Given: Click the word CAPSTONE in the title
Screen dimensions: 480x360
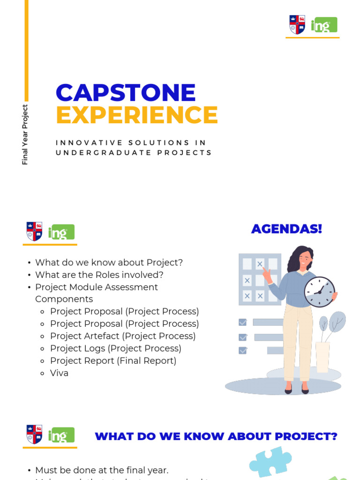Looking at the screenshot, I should pos(126,93).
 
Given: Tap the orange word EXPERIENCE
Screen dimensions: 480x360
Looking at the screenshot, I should pos(137,115).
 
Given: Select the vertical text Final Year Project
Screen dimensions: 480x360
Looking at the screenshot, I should pos(25,135).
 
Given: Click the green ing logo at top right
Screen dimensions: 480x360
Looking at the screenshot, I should pos(323,25).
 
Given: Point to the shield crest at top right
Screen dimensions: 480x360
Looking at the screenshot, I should pos(297,25).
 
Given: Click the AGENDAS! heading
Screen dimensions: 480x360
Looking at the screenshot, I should pos(286,229).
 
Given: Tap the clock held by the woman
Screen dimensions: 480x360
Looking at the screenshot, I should pos(319,292).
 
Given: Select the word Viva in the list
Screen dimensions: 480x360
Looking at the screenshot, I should pos(60,373).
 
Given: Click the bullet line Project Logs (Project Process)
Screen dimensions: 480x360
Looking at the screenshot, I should pos(115,348).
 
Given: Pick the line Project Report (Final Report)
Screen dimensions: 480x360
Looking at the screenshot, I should pos(113,361).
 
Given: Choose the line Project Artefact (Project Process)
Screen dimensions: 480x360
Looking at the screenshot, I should pos(123,336).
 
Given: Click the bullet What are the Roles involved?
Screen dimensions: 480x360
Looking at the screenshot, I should pos(99,275).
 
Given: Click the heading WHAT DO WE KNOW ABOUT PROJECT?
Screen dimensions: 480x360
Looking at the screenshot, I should pos(216,436).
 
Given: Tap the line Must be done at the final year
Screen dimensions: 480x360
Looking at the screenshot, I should pos(102,470).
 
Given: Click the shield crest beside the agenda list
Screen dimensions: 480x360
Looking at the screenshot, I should pos(34,232).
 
